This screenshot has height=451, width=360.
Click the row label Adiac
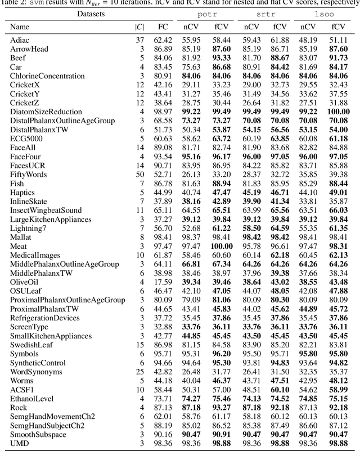click(x=20, y=40)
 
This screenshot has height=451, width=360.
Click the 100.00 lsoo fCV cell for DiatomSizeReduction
click(x=338, y=111)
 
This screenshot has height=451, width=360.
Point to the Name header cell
click(x=20, y=26)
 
